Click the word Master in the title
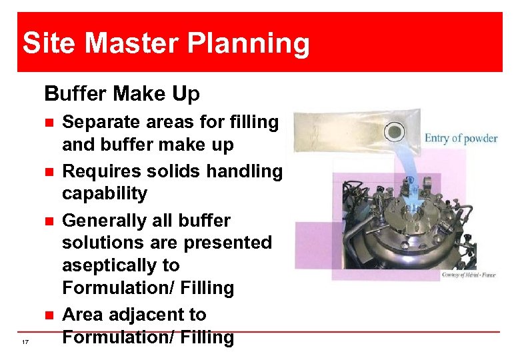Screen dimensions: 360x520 pyautogui.click(x=132, y=44)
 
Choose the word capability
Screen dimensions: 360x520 pyautogui.click(x=105, y=194)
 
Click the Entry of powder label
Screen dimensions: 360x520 pyautogui.click(x=461, y=139)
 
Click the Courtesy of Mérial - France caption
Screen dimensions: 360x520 pyautogui.click(x=468, y=275)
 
